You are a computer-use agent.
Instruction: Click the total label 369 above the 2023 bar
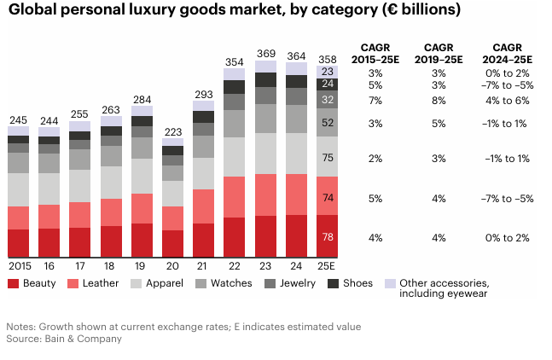point(265,54)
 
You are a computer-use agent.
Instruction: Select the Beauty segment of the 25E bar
point(328,236)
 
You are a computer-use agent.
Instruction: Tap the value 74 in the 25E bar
point(328,197)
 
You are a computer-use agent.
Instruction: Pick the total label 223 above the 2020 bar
point(173,131)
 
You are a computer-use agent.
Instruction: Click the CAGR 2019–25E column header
point(439,53)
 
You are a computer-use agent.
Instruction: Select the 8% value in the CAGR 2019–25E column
point(439,100)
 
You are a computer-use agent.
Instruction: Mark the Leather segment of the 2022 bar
point(235,197)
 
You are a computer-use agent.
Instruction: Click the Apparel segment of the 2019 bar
point(142,176)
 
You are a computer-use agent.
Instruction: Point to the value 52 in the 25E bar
point(328,123)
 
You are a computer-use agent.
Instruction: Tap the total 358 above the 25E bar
point(328,59)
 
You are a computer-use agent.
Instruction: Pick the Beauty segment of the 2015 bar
point(19,243)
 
